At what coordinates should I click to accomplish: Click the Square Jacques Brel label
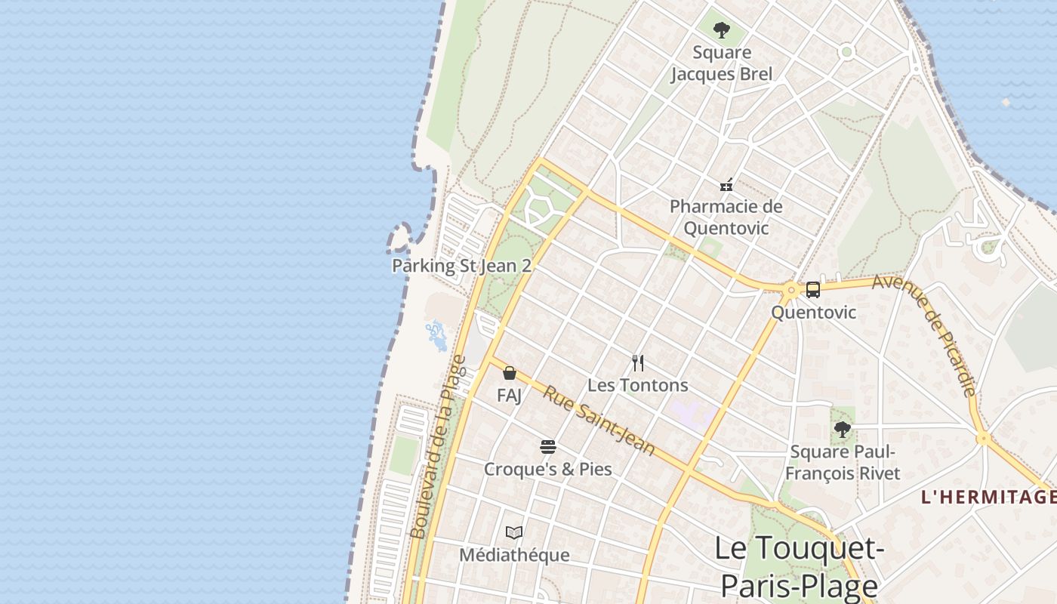[x=721, y=63]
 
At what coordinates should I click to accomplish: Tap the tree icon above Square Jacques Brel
[x=722, y=30]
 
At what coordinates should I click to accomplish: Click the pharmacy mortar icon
[x=726, y=184]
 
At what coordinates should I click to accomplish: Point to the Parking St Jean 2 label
[x=461, y=266]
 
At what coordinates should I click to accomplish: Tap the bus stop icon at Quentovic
[x=813, y=289]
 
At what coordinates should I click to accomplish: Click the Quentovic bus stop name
[x=813, y=312]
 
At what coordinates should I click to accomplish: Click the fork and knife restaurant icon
[x=638, y=363]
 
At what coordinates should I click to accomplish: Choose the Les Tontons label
[x=638, y=385]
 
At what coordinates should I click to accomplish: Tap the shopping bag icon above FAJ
[x=510, y=373]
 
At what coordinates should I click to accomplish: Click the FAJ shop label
[x=510, y=395]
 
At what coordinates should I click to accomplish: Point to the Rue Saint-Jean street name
[x=599, y=421]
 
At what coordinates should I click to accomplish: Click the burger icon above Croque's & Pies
[x=548, y=447]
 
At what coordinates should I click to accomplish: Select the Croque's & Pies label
[x=548, y=469]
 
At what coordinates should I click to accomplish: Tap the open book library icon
[x=514, y=533]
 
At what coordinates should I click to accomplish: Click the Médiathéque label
[x=514, y=555]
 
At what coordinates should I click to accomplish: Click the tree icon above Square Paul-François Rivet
[x=843, y=430]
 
